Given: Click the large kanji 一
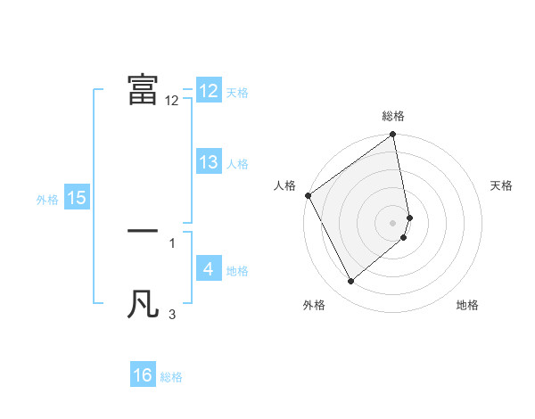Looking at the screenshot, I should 143,230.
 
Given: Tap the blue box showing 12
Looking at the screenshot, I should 209,91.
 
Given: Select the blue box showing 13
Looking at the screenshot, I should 209,162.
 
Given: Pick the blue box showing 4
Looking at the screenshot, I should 209,269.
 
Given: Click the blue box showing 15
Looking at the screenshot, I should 77,198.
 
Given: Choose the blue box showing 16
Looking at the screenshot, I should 143,375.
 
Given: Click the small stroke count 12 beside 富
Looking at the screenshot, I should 172,101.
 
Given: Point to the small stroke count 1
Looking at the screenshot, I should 172,242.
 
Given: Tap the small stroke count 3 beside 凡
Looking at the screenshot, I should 172,314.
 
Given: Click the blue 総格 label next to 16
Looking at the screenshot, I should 171,377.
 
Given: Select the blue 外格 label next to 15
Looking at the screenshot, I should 47,200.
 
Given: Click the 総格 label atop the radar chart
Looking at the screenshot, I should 393,116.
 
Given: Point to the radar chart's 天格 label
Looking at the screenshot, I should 502,185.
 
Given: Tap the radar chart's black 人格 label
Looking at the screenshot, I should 284,185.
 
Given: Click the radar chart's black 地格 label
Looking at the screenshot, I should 467,305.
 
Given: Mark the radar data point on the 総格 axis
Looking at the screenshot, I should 393,136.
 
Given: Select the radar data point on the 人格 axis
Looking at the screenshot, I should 308,195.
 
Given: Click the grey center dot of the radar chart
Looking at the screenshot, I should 393,222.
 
